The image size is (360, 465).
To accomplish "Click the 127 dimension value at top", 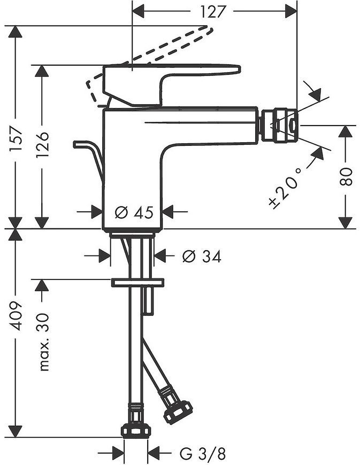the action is coord(212,12).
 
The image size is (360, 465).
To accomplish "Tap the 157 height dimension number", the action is coord(16,139).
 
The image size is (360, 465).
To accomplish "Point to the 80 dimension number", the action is coord(346,177).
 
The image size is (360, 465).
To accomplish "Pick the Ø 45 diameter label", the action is coord(134,212).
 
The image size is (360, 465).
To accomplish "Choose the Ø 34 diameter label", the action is coord(202,256).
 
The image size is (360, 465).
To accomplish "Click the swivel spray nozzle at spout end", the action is coord(279,125).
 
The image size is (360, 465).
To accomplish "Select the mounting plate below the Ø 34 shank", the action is coord(137,282).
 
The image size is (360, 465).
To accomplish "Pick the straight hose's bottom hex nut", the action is coord(136,432).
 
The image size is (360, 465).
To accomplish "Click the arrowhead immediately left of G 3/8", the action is coord(118,453).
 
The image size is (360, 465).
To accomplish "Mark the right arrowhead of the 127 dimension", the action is coord(291,11).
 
